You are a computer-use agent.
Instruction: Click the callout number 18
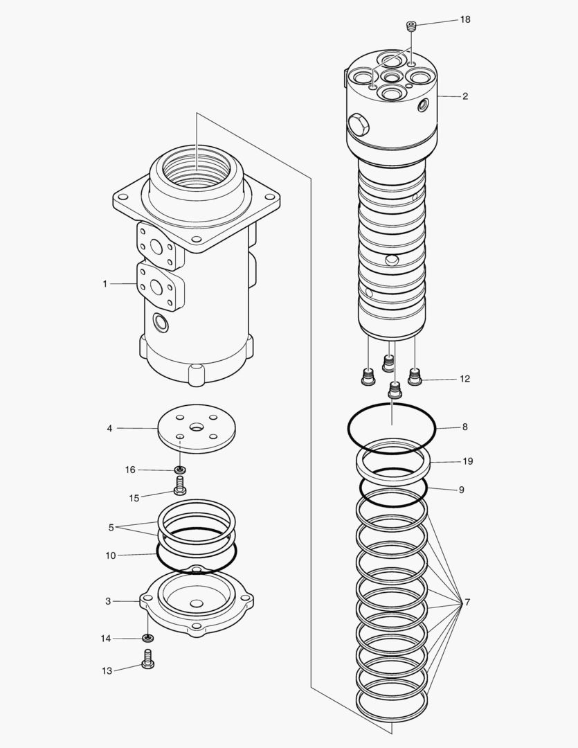464,19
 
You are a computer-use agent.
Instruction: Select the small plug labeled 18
411,26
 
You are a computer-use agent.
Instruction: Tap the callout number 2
464,96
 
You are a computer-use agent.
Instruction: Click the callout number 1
105,283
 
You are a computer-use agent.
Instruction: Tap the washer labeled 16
180,470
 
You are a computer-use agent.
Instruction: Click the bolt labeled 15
180,486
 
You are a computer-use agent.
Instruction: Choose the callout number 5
111,527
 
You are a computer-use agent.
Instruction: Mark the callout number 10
111,555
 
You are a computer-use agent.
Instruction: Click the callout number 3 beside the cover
108,601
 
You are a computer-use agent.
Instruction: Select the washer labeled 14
147,638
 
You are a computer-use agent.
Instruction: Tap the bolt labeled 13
147,660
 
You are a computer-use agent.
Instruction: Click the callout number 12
464,379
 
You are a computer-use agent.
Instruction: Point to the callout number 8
464,427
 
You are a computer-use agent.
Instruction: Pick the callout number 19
468,461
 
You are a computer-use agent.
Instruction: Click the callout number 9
461,490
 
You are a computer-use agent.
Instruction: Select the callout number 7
467,603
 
